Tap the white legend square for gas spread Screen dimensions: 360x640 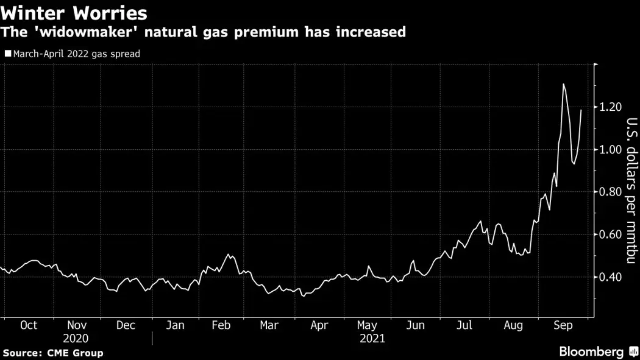point(7,54)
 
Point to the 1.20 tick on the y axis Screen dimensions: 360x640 point(610,107)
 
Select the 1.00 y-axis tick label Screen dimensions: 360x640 point(610,150)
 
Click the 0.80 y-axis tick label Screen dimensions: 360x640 point(610,192)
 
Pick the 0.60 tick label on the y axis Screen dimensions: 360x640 point(610,235)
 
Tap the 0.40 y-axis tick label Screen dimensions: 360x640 point(610,277)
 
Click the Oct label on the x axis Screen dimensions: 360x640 point(28,325)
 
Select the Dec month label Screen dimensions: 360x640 point(126,325)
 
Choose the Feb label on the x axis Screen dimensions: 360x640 point(221,325)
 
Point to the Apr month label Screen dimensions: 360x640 point(319,325)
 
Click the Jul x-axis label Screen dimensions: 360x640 point(464,325)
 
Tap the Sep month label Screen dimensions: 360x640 point(563,325)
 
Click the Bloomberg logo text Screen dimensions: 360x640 point(591,352)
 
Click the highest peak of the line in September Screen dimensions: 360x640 point(563,84)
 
